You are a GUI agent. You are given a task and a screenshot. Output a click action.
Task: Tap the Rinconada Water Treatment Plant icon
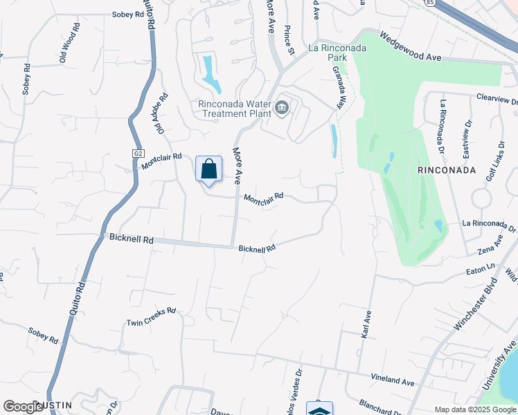click(x=283, y=107)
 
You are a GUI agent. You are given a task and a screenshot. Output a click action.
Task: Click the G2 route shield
click(x=137, y=153)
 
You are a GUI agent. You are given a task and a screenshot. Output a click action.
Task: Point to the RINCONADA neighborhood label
click(x=446, y=169)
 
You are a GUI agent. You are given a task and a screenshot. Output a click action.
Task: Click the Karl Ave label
click(x=366, y=324)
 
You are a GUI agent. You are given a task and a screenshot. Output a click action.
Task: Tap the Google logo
click(x=24, y=407)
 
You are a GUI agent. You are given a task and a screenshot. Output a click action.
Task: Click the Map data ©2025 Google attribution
click(x=475, y=409)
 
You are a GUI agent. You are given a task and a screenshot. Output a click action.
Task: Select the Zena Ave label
click(x=490, y=247)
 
